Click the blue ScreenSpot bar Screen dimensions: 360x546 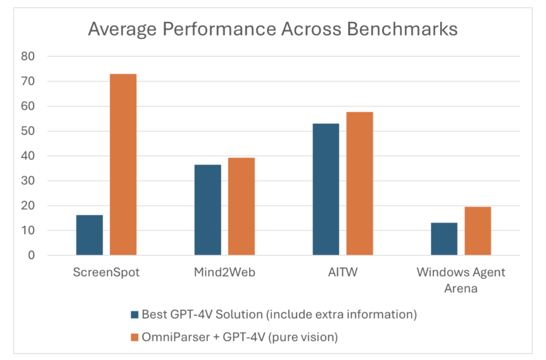[x=90, y=235]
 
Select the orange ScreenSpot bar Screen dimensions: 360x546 [x=123, y=165]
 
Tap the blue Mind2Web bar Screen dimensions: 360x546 [x=207, y=210]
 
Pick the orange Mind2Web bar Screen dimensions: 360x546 [x=242, y=206]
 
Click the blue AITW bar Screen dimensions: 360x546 [x=326, y=189]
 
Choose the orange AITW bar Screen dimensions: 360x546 [x=359, y=183]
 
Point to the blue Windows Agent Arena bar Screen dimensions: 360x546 [x=444, y=239]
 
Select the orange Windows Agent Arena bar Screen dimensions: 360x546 [x=478, y=231]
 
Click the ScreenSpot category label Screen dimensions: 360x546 [x=106, y=273]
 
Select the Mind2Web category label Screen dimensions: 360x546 [x=224, y=273]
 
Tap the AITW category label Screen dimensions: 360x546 [x=343, y=273]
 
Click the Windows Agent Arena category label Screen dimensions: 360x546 [x=461, y=280]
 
